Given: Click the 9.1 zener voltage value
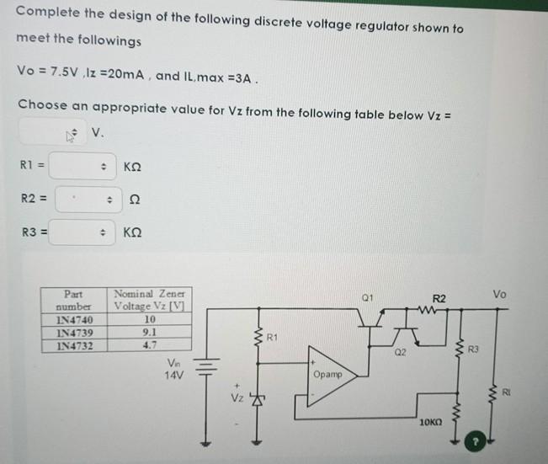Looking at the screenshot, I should [x=150, y=332].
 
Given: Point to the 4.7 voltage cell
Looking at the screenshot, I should [x=150, y=344].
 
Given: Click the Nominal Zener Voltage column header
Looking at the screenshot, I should [x=149, y=300].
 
